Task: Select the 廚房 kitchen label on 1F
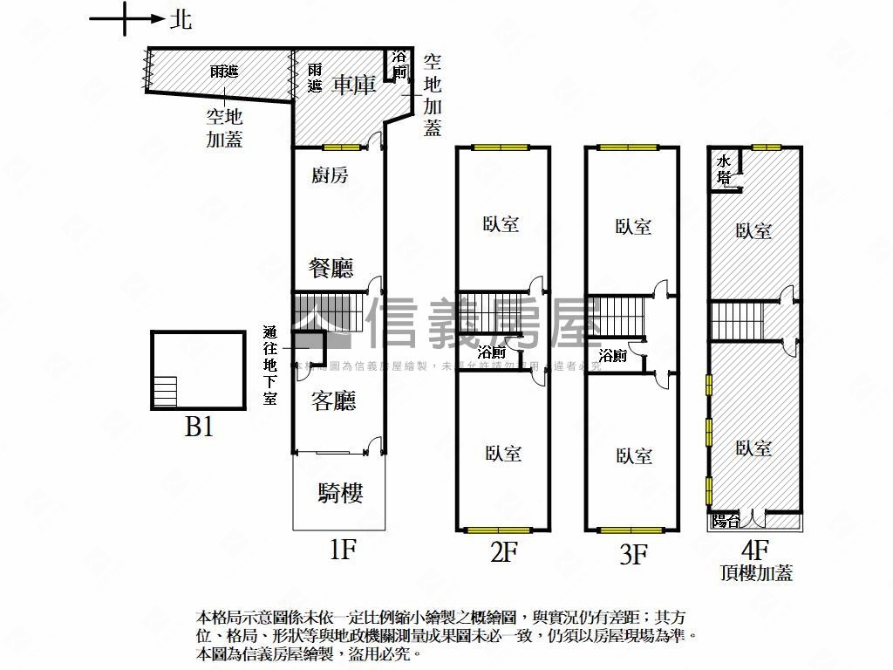(x=330, y=175)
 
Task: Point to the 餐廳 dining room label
(x=332, y=267)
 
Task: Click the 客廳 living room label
(x=333, y=400)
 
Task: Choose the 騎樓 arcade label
(x=339, y=494)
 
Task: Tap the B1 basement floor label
(x=200, y=427)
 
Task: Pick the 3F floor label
(x=634, y=554)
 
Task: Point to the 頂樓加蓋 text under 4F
(x=755, y=573)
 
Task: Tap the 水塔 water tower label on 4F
(x=724, y=168)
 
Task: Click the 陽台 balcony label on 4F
(x=725, y=521)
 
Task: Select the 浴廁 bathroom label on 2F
(x=492, y=352)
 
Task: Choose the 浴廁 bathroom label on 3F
(x=612, y=356)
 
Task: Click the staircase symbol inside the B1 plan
(x=165, y=390)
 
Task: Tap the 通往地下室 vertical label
(x=270, y=366)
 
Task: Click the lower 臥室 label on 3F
(x=634, y=455)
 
